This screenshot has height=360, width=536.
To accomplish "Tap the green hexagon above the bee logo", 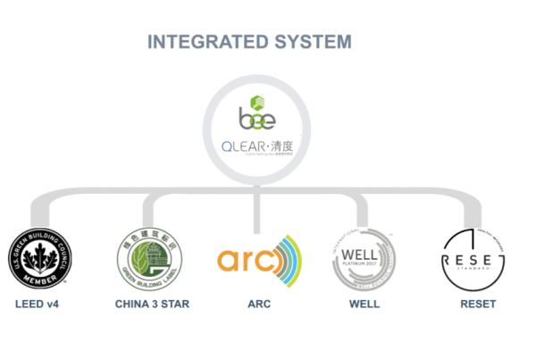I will tap(256, 102).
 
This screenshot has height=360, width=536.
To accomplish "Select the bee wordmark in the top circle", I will tap(256, 120).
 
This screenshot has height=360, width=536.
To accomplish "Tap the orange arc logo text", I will tap(247, 260).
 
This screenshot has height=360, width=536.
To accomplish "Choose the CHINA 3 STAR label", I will tap(152, 305).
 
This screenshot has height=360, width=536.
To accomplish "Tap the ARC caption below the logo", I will tap(259, 305).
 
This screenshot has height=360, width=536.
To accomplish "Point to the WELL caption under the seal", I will tap(364, 305).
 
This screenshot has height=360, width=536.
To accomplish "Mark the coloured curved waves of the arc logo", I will tap(290, 260).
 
